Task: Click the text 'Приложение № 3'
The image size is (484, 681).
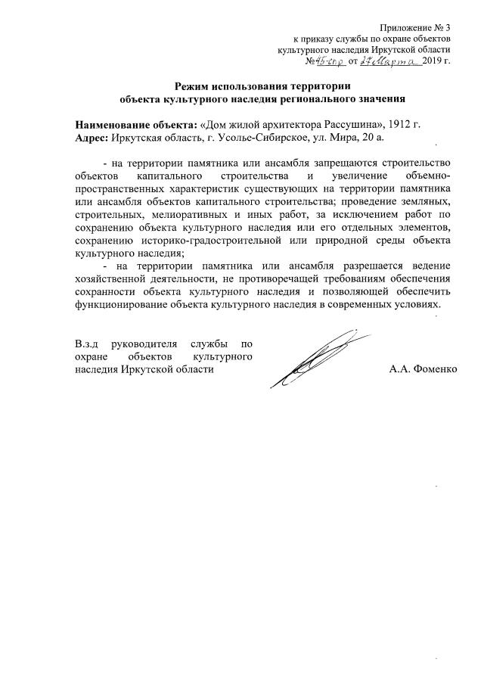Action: [x=417, y=26]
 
